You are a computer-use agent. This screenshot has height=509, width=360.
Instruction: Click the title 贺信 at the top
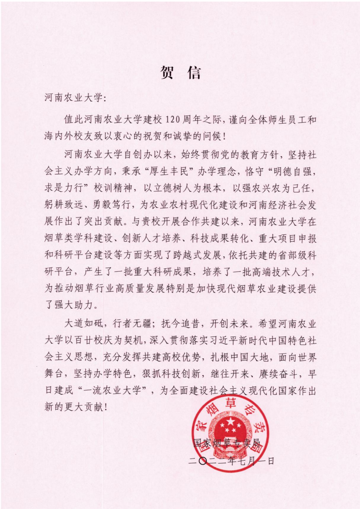coord(180,72)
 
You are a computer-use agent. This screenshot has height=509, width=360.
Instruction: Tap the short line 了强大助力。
coord(71,304)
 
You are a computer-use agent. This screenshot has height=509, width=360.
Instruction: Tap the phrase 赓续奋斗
coord(278,374)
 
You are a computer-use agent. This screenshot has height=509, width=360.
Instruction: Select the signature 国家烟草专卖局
coord(227,443)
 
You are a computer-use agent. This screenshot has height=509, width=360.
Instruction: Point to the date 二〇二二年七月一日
coord(231,461)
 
